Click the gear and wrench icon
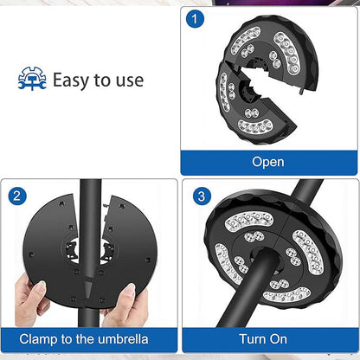click(32, 79)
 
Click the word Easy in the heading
click(70, 80)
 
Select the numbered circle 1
click(195, 19)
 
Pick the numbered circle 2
click(17, 196)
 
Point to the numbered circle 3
click(202, 196)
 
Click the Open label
click(268, 162)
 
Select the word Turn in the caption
click(252, 339)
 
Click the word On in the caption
click(278, 339)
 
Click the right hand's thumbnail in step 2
click(130, 289)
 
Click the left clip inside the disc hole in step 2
click(71, 249)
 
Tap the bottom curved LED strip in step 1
click(255, 126)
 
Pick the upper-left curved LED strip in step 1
click(246, 40)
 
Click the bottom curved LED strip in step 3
click(287, 295)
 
